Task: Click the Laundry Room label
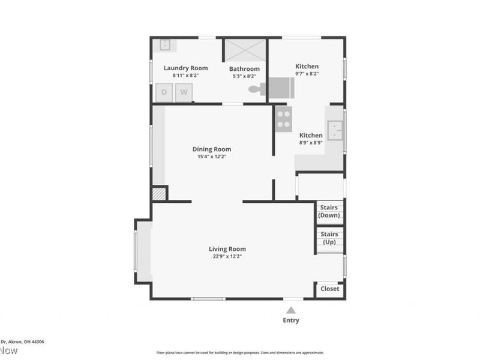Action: pos(185,68)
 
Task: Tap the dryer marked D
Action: pos(164,92)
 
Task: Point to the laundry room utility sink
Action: pos(164,44)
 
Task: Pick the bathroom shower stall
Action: pos(245,50)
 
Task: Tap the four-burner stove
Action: pos(283,118)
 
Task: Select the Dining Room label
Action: pos(211,149)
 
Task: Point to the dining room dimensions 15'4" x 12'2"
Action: pos(211,157)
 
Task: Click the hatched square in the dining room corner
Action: pos(158,194)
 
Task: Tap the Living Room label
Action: pos(227,249)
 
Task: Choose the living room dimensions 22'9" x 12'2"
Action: pos(227,256)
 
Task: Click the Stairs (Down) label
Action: pos(329,211)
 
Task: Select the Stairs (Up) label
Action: pos(329,238)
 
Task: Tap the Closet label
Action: pos(329,289)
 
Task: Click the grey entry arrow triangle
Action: pos(291,310)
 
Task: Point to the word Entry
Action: pos(291,320)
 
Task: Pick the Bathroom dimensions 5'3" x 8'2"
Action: pos(244,76)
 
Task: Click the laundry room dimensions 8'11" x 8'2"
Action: pos(185,76)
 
